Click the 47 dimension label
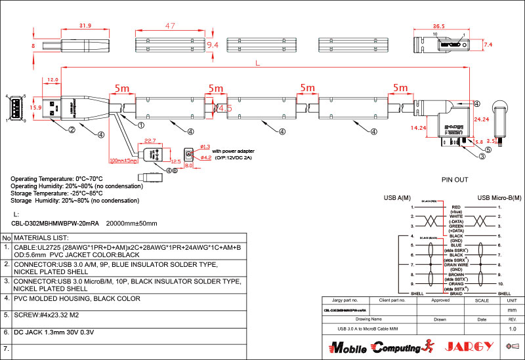[x=170, y=26]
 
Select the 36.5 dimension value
[x=439, y=26]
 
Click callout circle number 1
[x=141, y=123]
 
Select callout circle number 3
[x=482, y=155]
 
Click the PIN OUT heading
[x=455, y=179]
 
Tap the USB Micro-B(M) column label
[x=500, y=197]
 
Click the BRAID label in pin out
[x=455, y=293]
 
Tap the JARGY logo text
[x=471, y=346]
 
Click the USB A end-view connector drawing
[x=16, y=108]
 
